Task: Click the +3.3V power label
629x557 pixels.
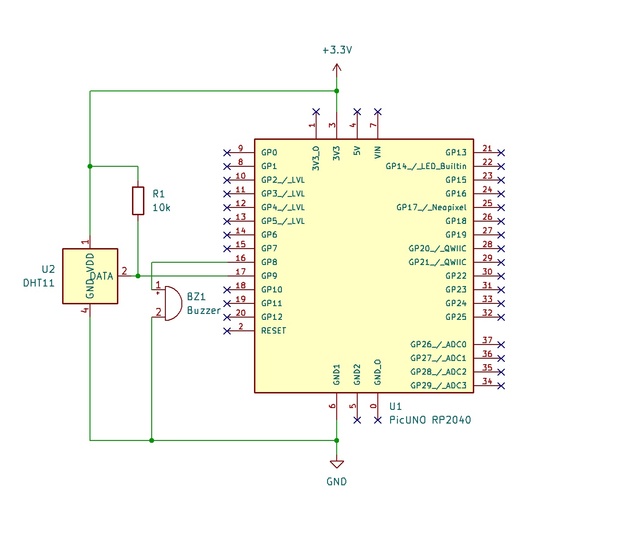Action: [337, 50]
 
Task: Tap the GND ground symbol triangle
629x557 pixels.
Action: [337, 464]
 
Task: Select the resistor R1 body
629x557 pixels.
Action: [138, 200]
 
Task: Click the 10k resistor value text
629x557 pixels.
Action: [161, 208]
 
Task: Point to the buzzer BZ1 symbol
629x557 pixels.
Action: [172, 303]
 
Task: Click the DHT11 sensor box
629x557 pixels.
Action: [90, 276]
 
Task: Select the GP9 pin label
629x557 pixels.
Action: [269, 276]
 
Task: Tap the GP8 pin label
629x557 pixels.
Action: [269, 262]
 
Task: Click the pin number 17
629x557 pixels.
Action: [240, 272]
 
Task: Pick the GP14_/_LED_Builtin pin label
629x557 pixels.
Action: [426, 166]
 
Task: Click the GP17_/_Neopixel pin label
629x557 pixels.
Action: [431, 207]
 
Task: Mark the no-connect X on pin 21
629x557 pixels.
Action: [501, 153]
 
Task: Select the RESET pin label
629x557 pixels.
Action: [273, 331]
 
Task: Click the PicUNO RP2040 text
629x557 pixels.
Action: [429, 420]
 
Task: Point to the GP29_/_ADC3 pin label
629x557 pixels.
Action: [438, 386]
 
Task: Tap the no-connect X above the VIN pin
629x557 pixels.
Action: [378, 112]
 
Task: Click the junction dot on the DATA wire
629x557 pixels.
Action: [138, 276]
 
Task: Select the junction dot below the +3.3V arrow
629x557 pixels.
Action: [337, 91]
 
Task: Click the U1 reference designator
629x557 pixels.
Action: [396, 407]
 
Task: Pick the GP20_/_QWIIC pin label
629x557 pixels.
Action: [437, 249]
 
